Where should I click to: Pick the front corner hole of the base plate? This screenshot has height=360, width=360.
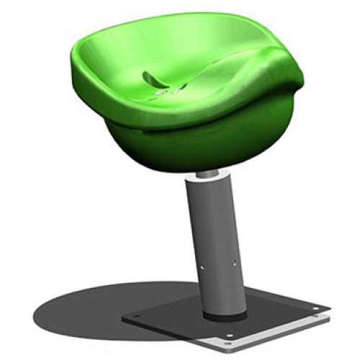click(229, 336)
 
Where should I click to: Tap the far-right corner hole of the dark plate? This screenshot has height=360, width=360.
click(317, 311)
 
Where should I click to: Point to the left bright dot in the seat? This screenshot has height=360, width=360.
click(159, 94)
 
